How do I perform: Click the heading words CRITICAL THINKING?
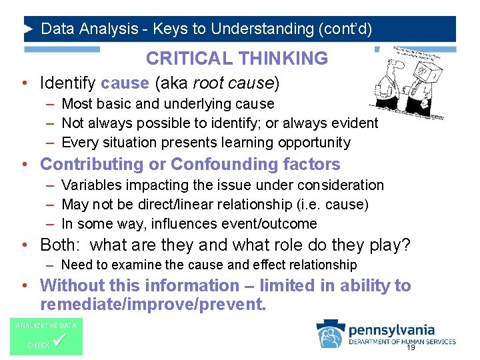237,59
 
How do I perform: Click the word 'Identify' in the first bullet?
68,83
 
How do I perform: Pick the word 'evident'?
355,123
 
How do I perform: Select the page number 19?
411,347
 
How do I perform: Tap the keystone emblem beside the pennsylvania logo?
331,334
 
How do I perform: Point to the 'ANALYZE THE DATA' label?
46,325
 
